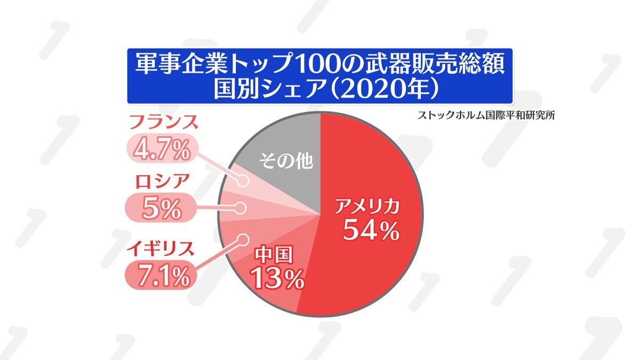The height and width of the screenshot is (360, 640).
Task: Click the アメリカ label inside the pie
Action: tap(366, 206)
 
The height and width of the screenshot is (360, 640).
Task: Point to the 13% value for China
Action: tap(277, 278)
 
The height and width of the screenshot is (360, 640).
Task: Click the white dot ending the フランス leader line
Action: tap(244, 182)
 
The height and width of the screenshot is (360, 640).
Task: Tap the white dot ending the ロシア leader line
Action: tap(241, 208)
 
